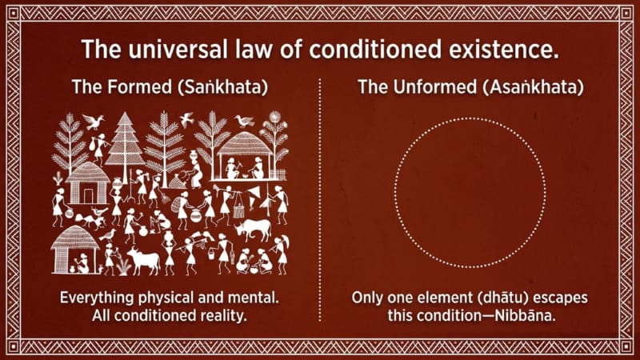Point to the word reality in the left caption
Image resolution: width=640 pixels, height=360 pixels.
tap(225, 315)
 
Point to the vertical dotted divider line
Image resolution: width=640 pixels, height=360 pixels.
tap(319, 200)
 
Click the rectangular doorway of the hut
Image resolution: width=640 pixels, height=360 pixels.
tap(89, 196)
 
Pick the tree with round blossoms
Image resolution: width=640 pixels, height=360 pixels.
tap(274, 138)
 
